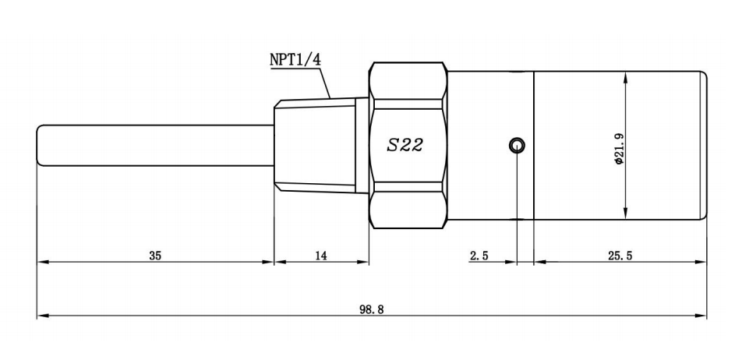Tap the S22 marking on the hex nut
pyautogui.click(x=405, y=146)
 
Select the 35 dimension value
pyautogui.click(x=155, y=256)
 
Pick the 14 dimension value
pyautogui.click(x=321, y=256)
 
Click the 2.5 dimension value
pyautogui.click(x=479, y=256)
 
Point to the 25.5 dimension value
pyautogui.click(x=620, y=256)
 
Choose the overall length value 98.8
pyautogui.click(x=372, y=309)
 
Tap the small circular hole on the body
pyautogui.click(x=516, y=145)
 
